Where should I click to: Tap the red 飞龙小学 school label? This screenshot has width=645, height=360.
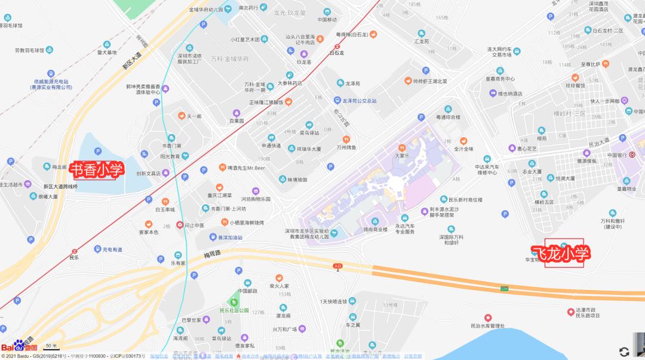(561, 253)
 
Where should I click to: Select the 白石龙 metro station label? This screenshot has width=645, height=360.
(337, 53)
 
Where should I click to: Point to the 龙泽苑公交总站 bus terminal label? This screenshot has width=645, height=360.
(360, 101)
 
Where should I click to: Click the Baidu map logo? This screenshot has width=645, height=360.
(19, 347)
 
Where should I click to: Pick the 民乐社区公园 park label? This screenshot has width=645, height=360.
(234, 310)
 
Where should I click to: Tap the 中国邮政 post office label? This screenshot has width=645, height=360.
(247, 291)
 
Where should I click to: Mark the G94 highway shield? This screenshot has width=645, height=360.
(504, 290)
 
